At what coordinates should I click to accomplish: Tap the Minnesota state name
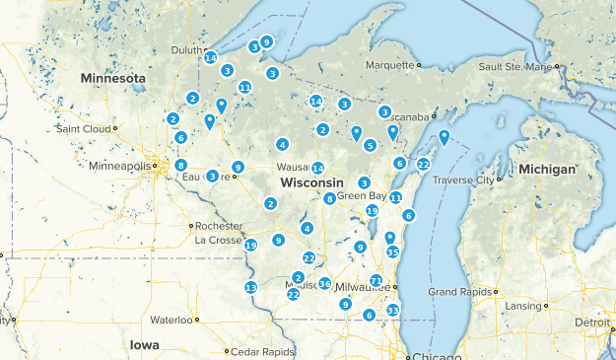click(x=113, y=78)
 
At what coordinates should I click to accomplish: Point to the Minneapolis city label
click(x=119, y=166)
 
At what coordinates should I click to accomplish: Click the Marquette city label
click(x=387, y=66)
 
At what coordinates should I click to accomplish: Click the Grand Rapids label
click(x=459, y=292)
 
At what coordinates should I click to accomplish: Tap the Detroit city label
click(x=590, y=323)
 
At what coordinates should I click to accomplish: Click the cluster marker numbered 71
click(x=376, y=281)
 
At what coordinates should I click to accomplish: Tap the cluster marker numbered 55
click(x=392, y=252)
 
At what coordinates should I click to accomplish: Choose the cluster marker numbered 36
click(x=324, y=284)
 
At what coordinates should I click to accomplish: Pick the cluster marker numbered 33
click(x=392, y=310)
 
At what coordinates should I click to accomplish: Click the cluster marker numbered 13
click(x=250, y=287)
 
